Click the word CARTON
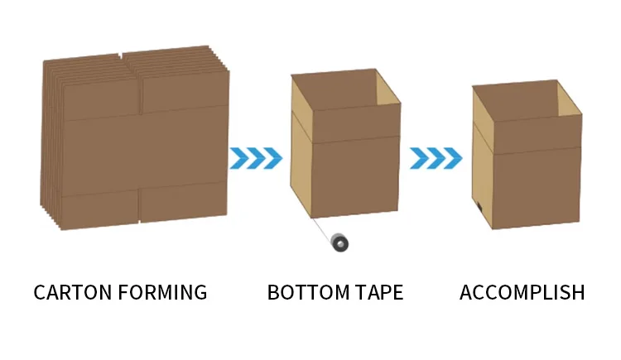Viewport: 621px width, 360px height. [x=70, y=292]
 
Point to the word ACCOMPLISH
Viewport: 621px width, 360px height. [x=522, y=292]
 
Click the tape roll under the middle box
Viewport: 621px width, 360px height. [x=338, y=243]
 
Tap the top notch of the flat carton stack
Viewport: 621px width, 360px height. [x=122, y=57]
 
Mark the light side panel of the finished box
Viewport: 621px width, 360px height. [x=482, y=166]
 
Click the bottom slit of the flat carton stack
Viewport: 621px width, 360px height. [x=138, y=208]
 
